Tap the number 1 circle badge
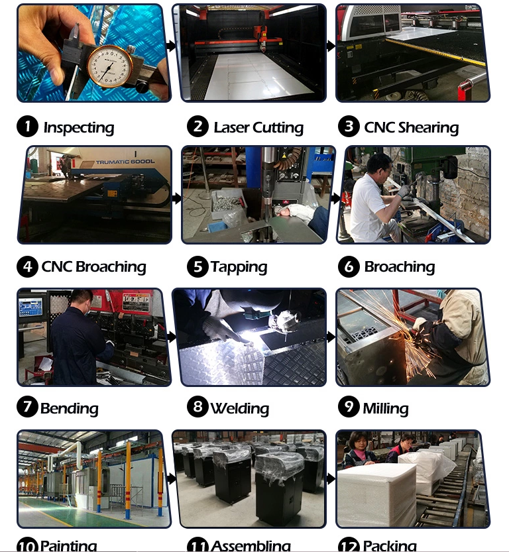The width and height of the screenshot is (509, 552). point(27,127)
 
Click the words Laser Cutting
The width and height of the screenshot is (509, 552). point(258,127)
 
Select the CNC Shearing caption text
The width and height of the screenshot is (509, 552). point(411,127)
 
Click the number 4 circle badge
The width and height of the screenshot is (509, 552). point(27,266)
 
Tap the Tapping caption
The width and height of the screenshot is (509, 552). point(239,267)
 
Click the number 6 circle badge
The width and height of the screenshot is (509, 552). point(349,266)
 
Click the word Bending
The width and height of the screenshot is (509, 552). point(69,408)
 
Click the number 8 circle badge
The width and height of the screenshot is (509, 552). point(198,406)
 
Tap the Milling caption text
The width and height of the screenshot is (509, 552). point(385,408)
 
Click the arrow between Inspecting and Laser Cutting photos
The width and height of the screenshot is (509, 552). point(172,46)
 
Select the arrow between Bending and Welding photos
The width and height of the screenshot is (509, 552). point(172,337)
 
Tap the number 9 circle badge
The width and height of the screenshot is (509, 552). point(349,406)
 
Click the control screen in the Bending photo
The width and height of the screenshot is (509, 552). point(30,306)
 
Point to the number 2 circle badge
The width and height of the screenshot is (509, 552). point(198,126)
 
